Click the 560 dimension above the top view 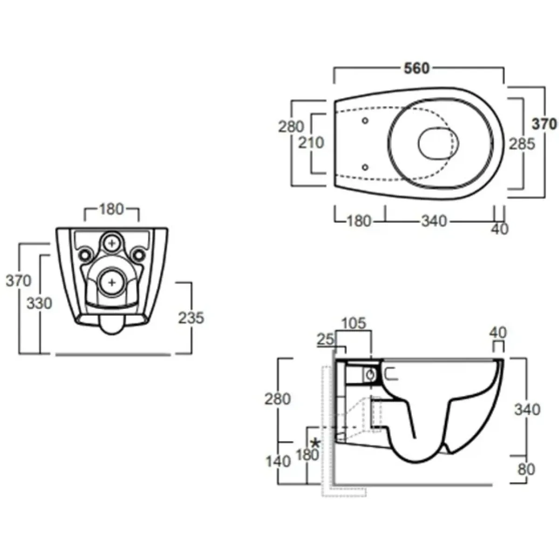click(x=416, y=68)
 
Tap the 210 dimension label click(x=311, y=143)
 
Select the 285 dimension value click(x=522, y=144)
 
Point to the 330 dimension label click(x=39, y=303)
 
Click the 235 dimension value click(x=191, y=318)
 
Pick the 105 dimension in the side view click(x=354, y=323)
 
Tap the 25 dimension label click(x=326, y=340)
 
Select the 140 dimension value click(x=278, y=461)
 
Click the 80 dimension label click(x=526, y=470)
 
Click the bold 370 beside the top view click(x=544, y=124)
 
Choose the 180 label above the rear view click(x=111, y=209)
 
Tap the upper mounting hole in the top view click(x=365, y=120)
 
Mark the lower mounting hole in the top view click(x=365, y=167)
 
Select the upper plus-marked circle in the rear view click(x=112, y=243)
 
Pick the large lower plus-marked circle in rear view click(x=112, y=282)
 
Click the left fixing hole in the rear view click(x=85, y=255)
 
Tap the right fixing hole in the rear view click(x=139, y=255)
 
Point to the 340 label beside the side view click(x=527, y=409)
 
